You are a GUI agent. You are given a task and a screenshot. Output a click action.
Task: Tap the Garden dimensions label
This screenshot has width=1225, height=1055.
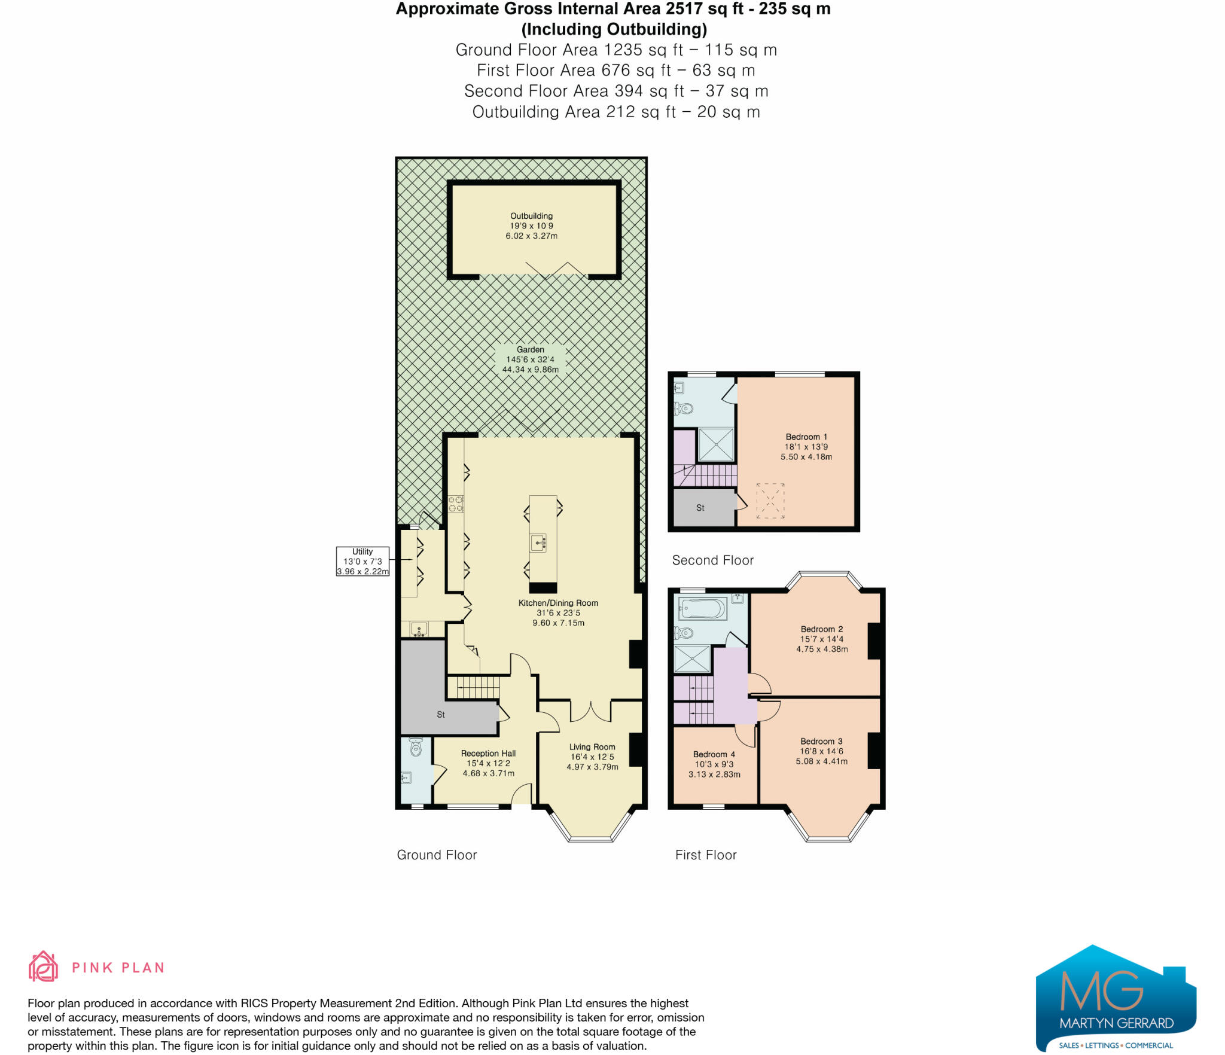531,359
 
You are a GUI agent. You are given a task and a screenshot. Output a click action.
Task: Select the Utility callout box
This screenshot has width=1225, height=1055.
362,561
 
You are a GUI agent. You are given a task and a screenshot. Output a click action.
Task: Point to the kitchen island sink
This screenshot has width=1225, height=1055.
538,543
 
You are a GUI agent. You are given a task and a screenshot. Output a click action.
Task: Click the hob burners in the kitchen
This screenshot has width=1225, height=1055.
456,504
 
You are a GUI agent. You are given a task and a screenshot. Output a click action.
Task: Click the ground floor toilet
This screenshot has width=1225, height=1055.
416,747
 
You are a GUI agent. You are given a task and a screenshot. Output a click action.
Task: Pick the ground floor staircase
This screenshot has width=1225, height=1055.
474,687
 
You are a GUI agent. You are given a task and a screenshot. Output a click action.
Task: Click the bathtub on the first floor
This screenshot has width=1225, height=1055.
702,610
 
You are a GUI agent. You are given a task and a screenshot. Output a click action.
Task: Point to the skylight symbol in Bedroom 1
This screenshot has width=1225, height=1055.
770,501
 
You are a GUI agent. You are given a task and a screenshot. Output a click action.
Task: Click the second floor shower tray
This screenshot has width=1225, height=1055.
716,444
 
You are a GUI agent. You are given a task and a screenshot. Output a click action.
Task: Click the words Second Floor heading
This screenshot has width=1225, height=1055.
712,560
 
